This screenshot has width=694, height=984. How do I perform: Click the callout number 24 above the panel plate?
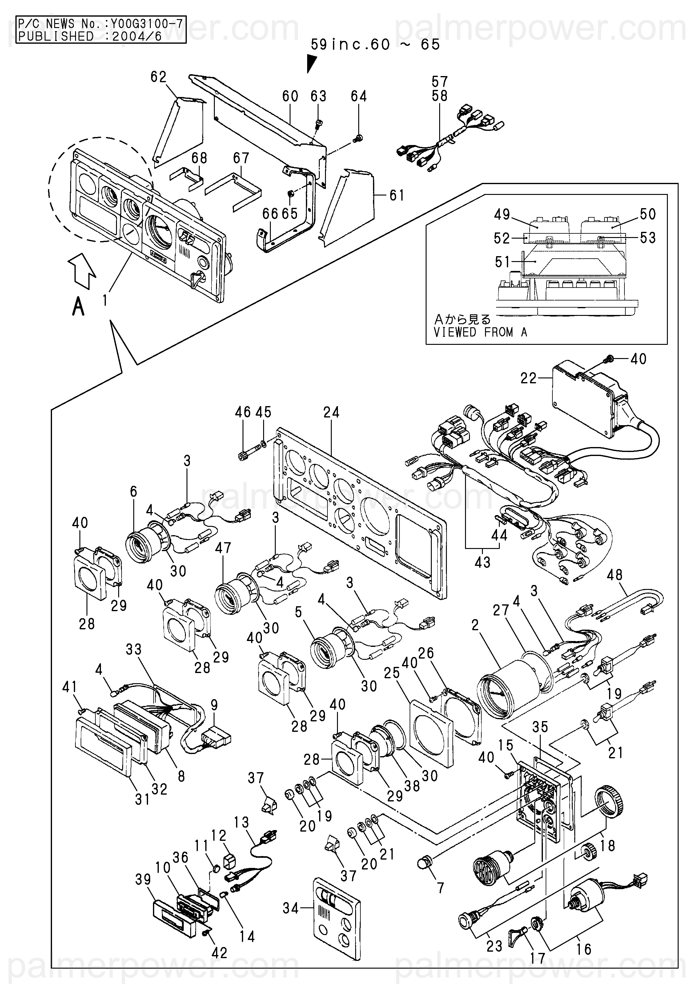(x=331, y=412)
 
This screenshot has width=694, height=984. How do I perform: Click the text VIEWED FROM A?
(x=480, y=332)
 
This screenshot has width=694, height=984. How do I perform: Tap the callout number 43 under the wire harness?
(x=482, y=562)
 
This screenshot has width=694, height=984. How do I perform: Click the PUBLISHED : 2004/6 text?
(x=90, y=36)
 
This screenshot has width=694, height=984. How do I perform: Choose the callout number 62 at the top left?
(x=158, y=77)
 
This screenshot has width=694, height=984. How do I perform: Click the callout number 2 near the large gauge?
(x=475, y=625)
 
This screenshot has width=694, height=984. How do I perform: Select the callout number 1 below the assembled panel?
(x=105, y=300)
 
